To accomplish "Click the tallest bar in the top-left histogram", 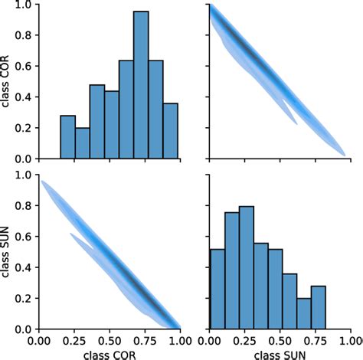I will coord(141,85).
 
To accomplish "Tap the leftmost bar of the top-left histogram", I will coord(68,137).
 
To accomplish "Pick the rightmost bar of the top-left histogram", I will coord(170,131).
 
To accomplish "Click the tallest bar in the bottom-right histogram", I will coord(247,267).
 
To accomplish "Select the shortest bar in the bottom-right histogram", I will coord(304,313).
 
